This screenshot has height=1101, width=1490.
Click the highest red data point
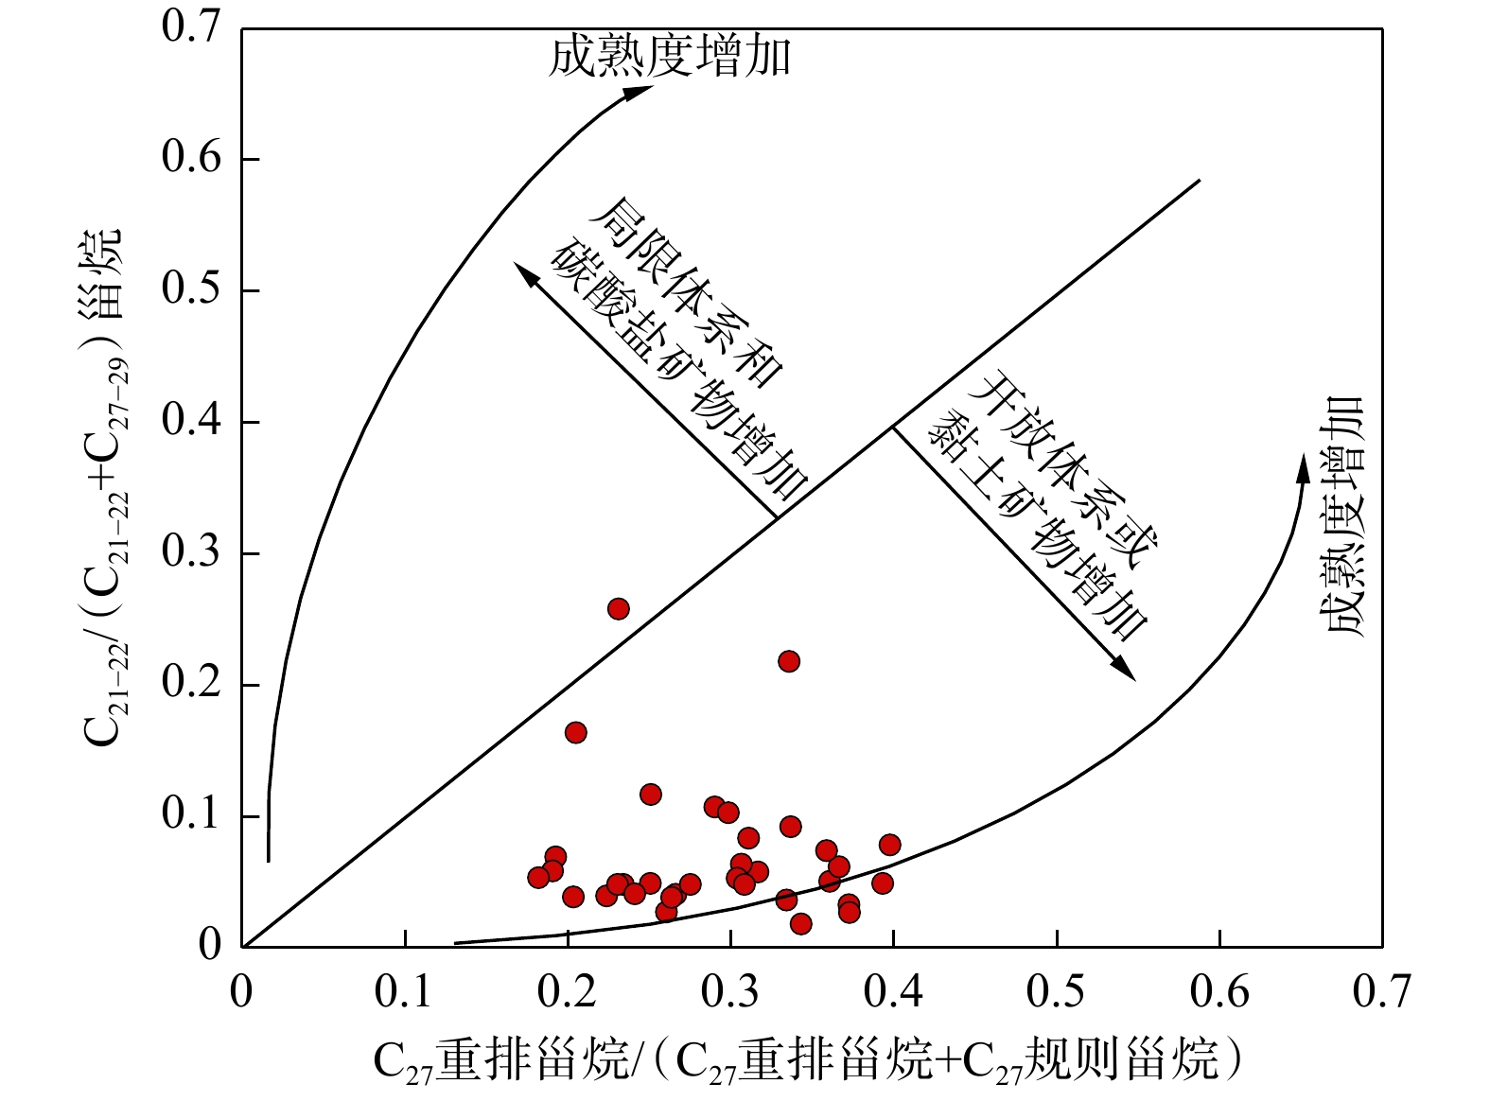[618, 608]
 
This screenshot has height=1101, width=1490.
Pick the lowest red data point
[800, 924]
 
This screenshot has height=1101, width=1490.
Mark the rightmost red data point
[889, 845]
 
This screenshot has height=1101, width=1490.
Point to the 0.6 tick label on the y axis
[192, 158]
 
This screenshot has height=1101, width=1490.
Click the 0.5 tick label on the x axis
[1057, 991]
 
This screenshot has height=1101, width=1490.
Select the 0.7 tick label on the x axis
[1381, 991]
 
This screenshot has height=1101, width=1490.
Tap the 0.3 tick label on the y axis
[192, 552]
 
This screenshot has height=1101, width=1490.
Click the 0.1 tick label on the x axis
[405, 991]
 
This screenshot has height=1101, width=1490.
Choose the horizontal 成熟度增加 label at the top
[670, 57]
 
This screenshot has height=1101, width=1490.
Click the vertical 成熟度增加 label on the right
[1343, 516]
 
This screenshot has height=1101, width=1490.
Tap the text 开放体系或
[1067, 470]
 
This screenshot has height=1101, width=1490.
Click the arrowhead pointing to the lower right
[1125, 670]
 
